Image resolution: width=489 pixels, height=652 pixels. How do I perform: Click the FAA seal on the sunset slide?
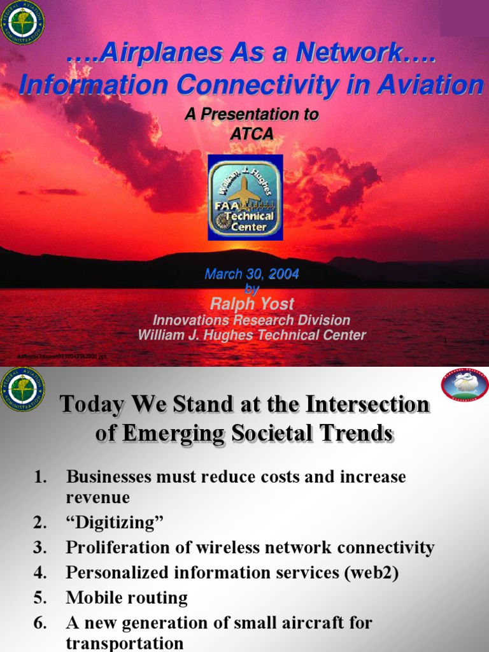coord(23,23)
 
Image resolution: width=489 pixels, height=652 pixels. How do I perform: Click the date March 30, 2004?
coord(252,274)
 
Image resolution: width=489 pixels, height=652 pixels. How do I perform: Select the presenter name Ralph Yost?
coord(252,304)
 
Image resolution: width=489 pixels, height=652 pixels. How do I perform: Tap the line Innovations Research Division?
coord(252,320)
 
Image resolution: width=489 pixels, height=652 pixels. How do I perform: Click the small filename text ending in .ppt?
coord(62,357)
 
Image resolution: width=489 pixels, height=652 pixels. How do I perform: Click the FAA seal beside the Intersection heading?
coord(23,389)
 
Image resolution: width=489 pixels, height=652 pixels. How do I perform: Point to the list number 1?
coord(39,477)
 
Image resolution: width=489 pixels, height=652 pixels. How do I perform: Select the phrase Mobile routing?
coord(127,598)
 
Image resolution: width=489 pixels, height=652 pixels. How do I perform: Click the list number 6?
coord(39,623)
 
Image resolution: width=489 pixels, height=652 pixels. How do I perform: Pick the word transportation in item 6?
coord(125,643)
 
